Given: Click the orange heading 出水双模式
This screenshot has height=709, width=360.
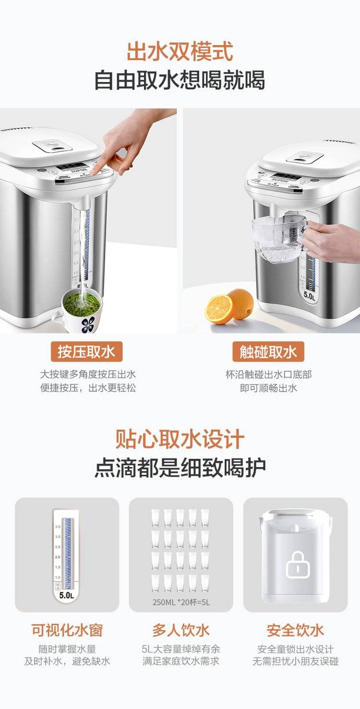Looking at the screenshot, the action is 180,51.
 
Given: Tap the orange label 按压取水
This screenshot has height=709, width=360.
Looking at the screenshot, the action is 86,352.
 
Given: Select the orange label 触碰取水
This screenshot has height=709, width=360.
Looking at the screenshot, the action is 268,352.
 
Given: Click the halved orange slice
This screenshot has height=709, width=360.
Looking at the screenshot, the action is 219,309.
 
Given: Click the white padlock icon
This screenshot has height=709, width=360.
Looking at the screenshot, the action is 297,564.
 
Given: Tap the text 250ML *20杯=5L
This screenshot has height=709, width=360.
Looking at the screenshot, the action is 181,602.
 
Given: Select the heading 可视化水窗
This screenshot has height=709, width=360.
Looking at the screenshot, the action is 67,629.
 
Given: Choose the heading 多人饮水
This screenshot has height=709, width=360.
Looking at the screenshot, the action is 181,629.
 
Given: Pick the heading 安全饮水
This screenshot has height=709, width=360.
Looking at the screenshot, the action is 295,629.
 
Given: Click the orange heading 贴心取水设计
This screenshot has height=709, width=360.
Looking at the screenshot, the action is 180,439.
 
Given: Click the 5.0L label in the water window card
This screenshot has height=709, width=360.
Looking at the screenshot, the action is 67,595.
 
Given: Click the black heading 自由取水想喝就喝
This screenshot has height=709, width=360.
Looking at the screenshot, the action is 180,80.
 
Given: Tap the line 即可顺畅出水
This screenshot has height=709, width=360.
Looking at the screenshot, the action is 268,388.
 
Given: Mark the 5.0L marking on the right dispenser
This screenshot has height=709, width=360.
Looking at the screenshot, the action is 309,296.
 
